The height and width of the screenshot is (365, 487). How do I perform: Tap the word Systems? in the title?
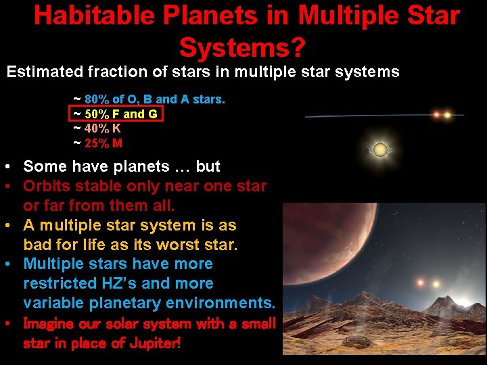(x=243, y=47)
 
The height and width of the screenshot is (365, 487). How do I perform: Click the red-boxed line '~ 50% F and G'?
(x=116, y=114)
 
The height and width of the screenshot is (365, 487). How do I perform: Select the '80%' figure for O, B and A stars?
(x=96, y=99)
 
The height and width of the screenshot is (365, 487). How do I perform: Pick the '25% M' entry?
(x=103, y=143)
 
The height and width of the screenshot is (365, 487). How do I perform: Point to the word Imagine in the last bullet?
(x=51, y=324)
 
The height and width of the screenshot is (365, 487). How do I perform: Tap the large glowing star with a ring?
(x=380, y=149)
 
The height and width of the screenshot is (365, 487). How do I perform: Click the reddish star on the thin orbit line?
(x=436, y=115)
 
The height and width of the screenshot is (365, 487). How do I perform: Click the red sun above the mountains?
(x=421, y=283)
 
